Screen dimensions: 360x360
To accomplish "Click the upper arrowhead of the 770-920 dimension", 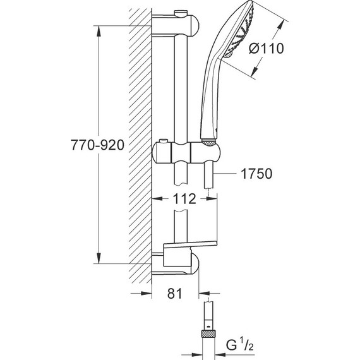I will point(98,29).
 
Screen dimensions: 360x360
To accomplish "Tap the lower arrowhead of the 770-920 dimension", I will point(98,260).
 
